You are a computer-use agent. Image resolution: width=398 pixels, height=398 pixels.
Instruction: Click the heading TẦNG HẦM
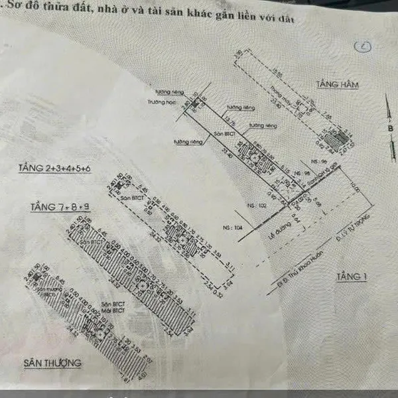tap(334, 86)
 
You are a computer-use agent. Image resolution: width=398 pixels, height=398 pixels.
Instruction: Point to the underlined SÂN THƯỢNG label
tap(52, 363)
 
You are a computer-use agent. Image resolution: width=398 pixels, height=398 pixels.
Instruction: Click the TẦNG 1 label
tap(351, 275)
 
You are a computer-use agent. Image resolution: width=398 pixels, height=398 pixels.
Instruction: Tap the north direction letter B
tap(391, 129)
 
